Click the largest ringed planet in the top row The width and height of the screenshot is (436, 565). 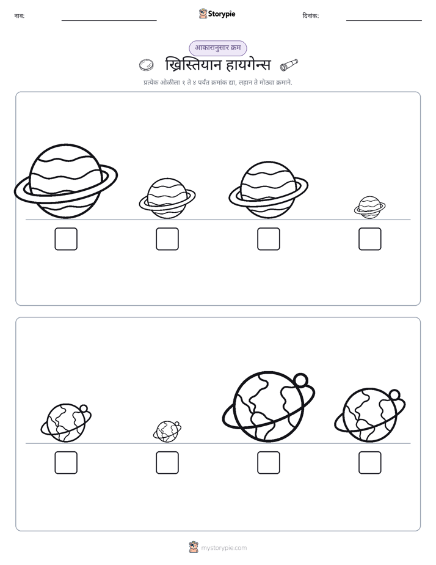66,181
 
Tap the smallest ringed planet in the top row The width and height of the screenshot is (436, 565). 369,207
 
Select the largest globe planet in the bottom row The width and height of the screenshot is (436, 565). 268,407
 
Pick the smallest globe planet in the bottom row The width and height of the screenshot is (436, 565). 167,431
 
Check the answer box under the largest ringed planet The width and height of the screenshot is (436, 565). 66,239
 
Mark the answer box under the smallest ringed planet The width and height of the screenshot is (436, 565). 370,239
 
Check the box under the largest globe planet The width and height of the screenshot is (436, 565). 268,463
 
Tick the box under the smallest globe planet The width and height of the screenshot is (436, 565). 167,463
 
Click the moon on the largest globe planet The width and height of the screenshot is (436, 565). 300,380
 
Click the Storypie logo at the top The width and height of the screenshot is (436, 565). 217,13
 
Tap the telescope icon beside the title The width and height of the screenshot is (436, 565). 289,65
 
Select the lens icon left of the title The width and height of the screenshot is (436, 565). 147,65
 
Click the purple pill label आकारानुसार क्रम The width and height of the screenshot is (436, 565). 218,48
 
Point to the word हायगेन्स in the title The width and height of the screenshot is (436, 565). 248,65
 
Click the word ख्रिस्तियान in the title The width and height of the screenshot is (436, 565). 192,65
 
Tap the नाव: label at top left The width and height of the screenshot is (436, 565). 20,16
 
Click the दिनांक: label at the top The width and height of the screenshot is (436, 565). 311,16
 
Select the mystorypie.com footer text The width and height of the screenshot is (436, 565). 223,548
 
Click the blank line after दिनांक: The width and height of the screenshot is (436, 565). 384,21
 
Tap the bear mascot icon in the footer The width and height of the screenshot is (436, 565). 194,547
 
